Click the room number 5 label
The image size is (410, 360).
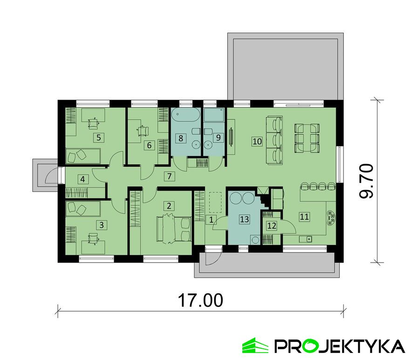click(99, 137)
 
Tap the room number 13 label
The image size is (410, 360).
click(245, 219)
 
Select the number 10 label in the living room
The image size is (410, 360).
click(257, 142)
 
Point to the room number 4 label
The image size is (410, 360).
click(83, 179)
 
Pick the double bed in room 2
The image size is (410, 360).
click(173, 230)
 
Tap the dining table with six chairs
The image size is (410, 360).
click(307, 138)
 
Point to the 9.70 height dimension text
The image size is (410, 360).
click(366, 181)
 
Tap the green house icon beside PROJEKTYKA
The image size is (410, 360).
click(255, 345)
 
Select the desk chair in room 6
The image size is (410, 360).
click(143, 130)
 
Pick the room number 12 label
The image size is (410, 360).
click(272, 225)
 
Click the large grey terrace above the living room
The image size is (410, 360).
click(285, 67)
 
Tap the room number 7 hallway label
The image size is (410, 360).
click(169, 176)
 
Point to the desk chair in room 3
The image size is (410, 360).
click(93, 238)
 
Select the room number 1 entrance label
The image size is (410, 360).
click(211, 220)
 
